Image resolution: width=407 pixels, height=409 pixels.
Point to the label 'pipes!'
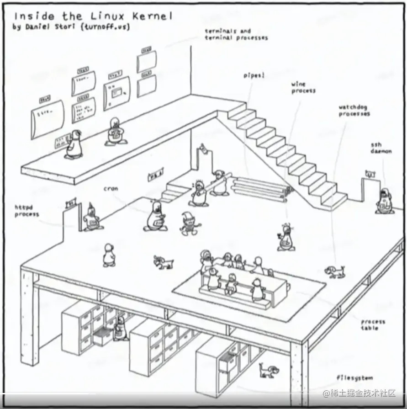pos(254,75)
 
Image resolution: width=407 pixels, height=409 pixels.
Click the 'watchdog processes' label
pos(354,111)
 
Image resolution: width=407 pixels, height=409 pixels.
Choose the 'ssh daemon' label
pos(381,148)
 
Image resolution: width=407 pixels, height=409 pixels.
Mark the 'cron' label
pos(111,188)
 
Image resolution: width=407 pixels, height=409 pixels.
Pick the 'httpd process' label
pos(26,211)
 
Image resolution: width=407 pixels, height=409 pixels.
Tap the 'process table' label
pos(373,324)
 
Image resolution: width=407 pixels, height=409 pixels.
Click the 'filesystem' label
pos(354,378)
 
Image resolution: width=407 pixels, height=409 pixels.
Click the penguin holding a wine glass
pos(286,238)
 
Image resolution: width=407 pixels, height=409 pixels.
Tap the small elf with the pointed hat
pos(188,223)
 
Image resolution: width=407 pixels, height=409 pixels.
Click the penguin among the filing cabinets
pos(120,328)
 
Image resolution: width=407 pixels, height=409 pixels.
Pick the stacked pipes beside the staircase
pos(260,187)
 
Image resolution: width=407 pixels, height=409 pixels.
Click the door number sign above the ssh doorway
pos(370,173)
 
